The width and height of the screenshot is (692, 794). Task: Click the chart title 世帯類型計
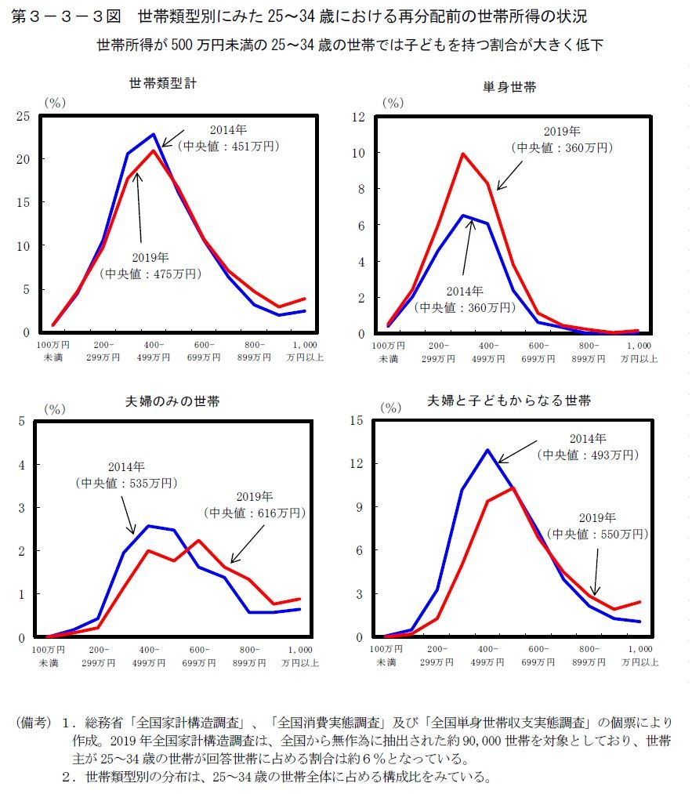pyautogui.click(x=163, y=82)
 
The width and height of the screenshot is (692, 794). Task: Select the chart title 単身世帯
pyautogui.click(x=509, y=87)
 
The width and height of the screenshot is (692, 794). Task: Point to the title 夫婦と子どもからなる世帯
pyautogui.click(x=509, y=400)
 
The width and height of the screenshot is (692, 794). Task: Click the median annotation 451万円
pyautogui.click(x=229, y=145)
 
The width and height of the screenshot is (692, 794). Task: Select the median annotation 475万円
pyautogui.click(x=150, y=274)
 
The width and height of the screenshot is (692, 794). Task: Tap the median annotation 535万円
pyautogui.click(x=126, y=483)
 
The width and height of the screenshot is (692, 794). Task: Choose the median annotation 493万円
pyautogui.click(x=588, y=455)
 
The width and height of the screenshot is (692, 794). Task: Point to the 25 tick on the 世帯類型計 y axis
pyautogui.click(x=23, y=116)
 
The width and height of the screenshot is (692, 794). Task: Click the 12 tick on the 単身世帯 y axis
pyautogui.click(x=360, y=116)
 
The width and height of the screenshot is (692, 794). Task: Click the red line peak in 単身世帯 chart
pyautogui.click(x=463, y=154)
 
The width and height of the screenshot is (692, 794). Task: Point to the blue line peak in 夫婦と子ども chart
pyautogui.click(x=487, y=450)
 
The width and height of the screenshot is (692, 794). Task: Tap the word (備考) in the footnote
pyautogui.click(x=33, y=721)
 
